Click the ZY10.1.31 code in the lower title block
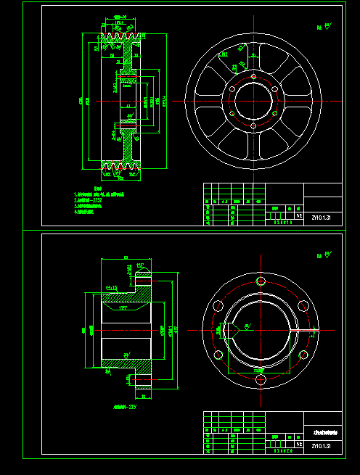(320, 445)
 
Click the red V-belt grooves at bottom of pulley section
(120, 171)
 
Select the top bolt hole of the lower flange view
(261, 281)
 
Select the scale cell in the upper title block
(298, 215)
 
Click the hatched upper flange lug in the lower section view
(144, 278)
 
